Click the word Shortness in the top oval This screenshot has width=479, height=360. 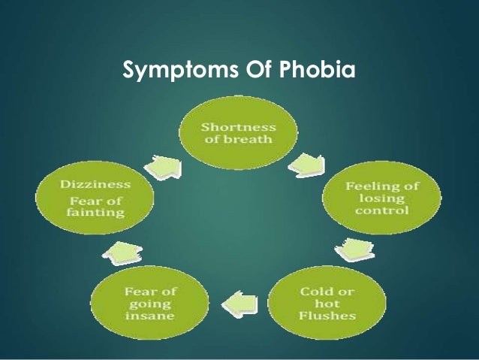[x=238, y=127]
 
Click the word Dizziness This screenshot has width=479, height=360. [x=95, y=184]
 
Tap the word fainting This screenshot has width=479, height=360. [x=95, y=212]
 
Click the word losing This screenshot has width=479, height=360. [x=382, y=198]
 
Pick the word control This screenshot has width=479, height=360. [x=382, y=210]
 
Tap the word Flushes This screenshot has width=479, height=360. [x=327, y=316]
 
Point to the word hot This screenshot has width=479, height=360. [x=327, y=304]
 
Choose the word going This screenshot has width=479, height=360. [x=150, y=304]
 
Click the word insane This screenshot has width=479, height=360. [x=150, y=316]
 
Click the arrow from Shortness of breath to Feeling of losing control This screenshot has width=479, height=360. [x=307, y=165]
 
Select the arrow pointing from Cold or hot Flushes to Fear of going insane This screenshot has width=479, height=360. [x=239, y=304]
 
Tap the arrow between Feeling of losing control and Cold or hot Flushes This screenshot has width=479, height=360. [x=355, y=250]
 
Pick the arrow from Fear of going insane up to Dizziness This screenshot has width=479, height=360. [x=122, y=253]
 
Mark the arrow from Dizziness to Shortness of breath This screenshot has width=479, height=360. [x=164, y=167]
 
